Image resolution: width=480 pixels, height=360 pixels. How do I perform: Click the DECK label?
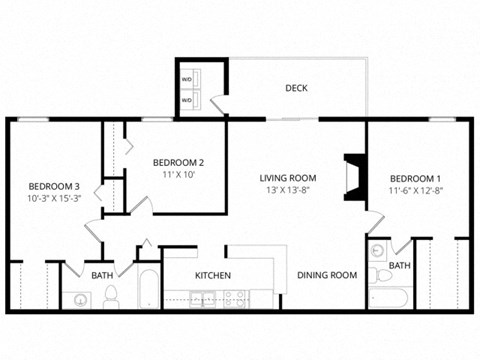pyautogui.click(x=296, y=88)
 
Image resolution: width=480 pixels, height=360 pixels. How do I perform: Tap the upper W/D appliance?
pyautogui.click(x=187, y=77)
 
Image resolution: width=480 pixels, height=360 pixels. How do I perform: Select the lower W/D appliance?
pyautogui.click(x=187, y=100)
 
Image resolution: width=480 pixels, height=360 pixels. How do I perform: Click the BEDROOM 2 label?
pyautogui.click(x=178, y=163)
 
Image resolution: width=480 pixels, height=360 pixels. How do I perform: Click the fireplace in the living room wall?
pyautogui.click(x=352, y=177)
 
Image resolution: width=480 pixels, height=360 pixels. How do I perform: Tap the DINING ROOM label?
pyautogui.click(x=327, y=275)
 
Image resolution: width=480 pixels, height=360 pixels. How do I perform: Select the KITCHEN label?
pyautogui.click(x=213, y=275)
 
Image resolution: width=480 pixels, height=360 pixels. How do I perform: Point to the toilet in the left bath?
pyautogui.click(x=111, y=296)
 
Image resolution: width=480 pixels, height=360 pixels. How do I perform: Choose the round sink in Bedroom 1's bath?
pyautogui.click(x=377, y=251)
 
